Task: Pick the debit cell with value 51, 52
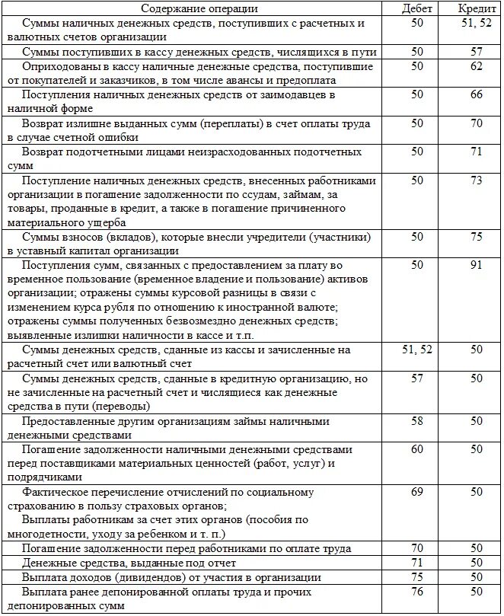(x=417, y=349)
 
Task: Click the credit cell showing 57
(x=477, y=53)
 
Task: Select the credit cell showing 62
(x=477, y=67)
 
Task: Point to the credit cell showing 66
(x=477, y=95)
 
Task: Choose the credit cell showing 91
(x=477, y=265)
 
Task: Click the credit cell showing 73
(x=477, y=180)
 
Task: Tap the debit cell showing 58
(x=417, y=421)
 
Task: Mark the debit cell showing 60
(x=417, y=449)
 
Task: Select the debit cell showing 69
(x=417, y=492)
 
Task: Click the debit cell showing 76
(x=417, y=591)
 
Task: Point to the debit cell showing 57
(x=417, y=378)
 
